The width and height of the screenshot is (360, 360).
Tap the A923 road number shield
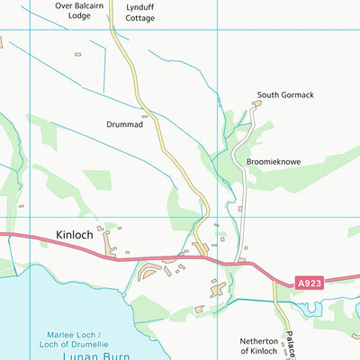310,283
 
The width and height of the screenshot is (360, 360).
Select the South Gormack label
284,94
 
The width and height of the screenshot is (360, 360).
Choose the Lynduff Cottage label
139,12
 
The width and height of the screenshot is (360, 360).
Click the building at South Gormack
256,104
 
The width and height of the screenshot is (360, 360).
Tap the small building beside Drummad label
144,115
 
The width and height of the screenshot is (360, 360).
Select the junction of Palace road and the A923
274,280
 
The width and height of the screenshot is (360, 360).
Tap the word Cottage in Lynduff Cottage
139,17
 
